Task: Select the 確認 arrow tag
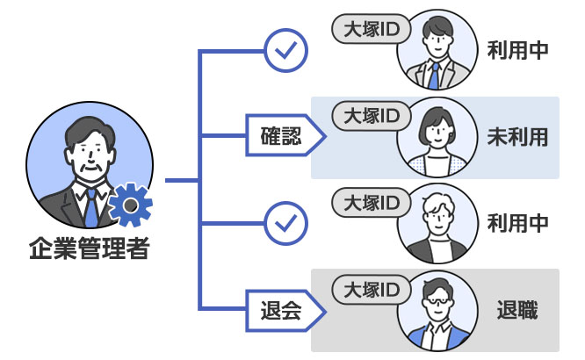[x=281, y=137]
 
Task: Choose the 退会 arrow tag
[x=281, y=310]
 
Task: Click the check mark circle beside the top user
[x=285, y=52]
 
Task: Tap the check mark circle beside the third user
[x=285, y=223]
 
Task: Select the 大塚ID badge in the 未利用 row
[x=366, y=115]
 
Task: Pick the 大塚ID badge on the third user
[x=366, y=202]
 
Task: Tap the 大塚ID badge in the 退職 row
[x=366, y=288]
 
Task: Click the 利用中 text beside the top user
[x=518, y=51]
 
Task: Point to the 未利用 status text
[x=518, y=137]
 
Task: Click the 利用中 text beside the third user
[x=518, y=223]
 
